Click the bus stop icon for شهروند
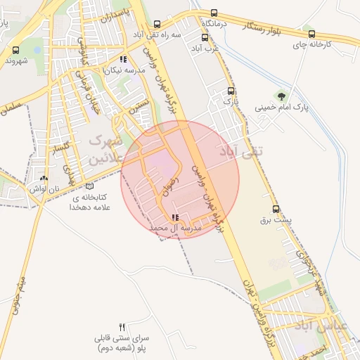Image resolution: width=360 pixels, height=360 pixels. [x=16, y=50]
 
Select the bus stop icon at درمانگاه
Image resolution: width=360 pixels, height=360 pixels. [x=214, y=13]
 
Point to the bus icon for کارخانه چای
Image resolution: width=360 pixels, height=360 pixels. [x=311, y=33]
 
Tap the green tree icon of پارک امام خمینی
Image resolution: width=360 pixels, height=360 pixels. [x=281, y=96]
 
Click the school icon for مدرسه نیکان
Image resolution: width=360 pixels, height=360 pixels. [x=124, y=60]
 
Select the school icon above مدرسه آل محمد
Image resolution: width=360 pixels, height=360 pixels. [x=175, y=218]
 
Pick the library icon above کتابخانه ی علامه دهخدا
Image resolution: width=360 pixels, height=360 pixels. [x=89, y=186]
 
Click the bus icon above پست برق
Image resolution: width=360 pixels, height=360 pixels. [x=276, y=209]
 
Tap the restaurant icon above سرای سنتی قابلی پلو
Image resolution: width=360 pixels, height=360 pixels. [x=122, y=327]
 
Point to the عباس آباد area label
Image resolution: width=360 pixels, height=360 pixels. [x=342, y=326]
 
